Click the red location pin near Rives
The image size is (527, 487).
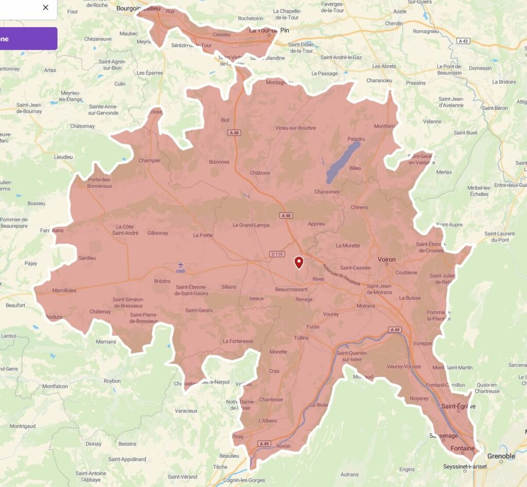point(298,262)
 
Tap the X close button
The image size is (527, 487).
point(45,7)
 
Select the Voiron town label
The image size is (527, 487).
point(387,260)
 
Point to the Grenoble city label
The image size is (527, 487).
point(501,456)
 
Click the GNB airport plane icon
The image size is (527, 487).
point(180,265)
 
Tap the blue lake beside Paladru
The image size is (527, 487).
point(343,163)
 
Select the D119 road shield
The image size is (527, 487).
point(276,254)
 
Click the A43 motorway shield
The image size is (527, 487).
point(463,41)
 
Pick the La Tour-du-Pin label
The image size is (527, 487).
point(269,30)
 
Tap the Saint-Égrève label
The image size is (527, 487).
point(459,407)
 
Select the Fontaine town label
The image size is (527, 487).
point(462,448)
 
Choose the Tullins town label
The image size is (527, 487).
point(301,338)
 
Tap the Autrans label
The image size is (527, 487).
point(350,474)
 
